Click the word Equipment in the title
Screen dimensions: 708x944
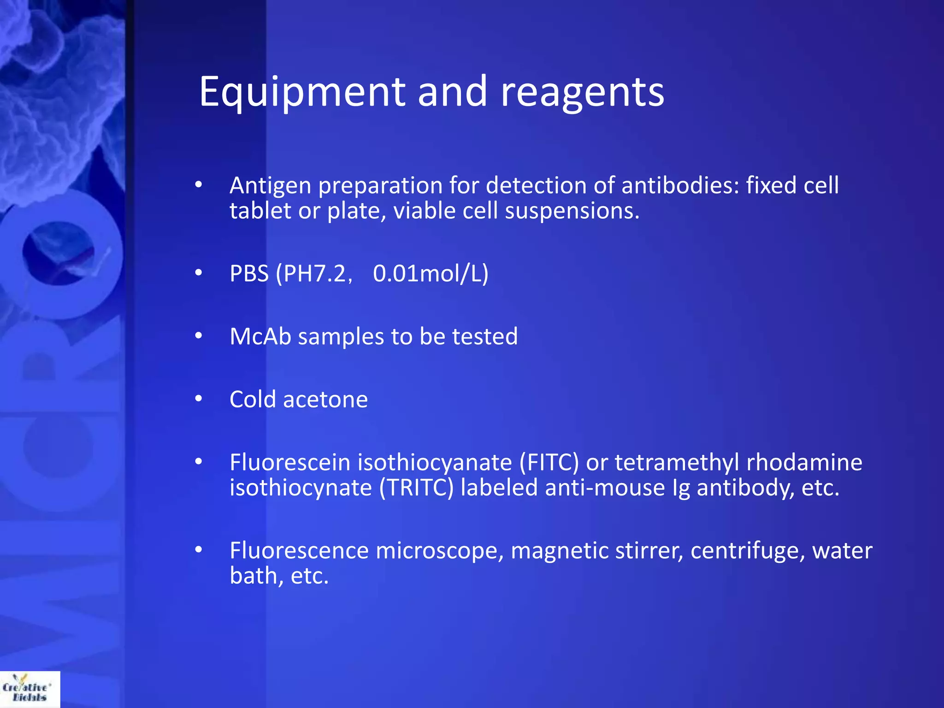pos(302,92)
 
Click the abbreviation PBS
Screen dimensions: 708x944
pos(249,273)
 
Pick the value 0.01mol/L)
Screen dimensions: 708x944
pos(431,273)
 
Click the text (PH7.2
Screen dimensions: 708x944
pos(313,273)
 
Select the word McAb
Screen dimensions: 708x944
pos(260,336)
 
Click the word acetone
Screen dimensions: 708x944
pos(325,399)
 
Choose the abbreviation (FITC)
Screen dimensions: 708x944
pos(549,462)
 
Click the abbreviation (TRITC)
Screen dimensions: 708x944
pos(416,488)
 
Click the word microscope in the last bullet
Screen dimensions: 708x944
pos(440,551)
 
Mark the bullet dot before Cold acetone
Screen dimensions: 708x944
pos(199,399)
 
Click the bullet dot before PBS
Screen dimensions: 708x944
pos(199,273)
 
